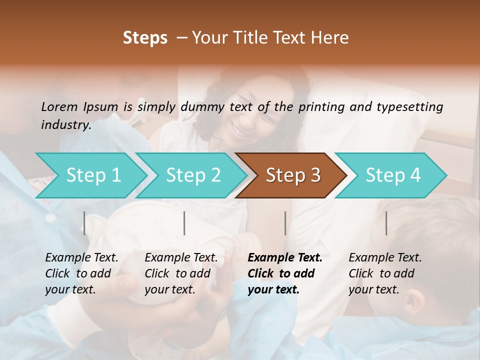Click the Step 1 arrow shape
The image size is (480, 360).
click(90, 175)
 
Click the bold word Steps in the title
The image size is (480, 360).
click(145, 38)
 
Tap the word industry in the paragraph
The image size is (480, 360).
click(65, 125)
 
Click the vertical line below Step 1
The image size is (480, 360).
click(84, 223)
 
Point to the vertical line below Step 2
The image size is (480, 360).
click(184, 223)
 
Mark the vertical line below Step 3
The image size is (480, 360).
click(285, 223)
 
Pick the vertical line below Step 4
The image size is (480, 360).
click(386, 223)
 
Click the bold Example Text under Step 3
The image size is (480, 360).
click(285, 257)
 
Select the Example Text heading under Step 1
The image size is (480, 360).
click(81, 257)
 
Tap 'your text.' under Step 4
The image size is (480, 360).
click(373, 289)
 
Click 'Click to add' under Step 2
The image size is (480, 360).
click(177, 273)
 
